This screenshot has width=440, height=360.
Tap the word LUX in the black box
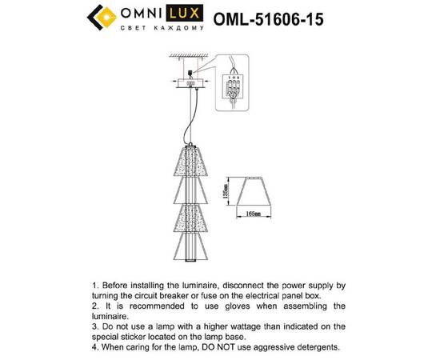(189, 14)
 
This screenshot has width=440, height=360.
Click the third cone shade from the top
(190, 217)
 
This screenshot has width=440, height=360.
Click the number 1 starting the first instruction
(94, 284)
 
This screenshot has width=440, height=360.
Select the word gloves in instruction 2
(257, 305)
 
